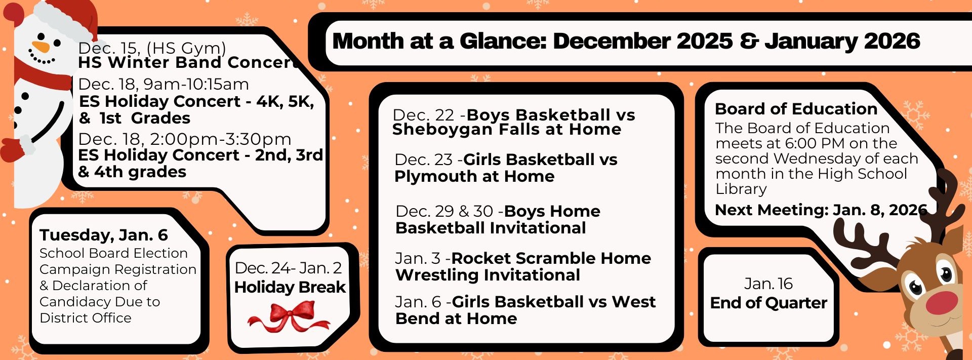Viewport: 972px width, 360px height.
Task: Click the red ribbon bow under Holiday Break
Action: click(289, 316)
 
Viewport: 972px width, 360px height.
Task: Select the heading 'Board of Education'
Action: click(796, 109)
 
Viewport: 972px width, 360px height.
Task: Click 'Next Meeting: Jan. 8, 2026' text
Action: click(820, 210)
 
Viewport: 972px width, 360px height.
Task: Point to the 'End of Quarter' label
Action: click(768, 303)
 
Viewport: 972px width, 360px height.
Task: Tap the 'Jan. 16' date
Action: click(768, 284)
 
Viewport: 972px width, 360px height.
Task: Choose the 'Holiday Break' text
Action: click(290, 287)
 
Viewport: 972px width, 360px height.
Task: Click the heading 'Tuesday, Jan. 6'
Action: click(103, 235)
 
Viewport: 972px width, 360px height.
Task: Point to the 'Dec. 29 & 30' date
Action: click(444, 211)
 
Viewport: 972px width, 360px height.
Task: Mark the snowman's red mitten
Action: click(13, 148)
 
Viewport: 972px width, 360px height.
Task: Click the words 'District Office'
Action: click(86, 318)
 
